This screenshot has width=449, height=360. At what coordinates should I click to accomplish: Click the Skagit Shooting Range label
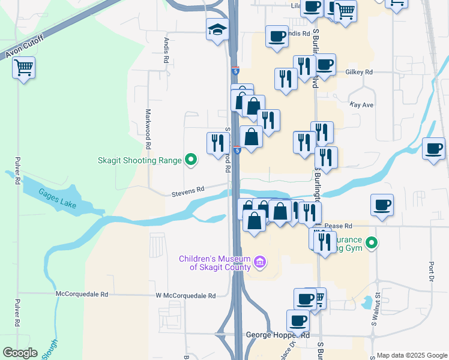[x=140, y=160]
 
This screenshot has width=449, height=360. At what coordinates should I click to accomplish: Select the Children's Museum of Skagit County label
[x=215, y=263]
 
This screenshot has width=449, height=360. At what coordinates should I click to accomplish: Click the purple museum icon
[x=260, y=262]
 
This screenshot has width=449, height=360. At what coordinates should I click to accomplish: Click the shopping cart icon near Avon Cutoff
[x=23, y=68]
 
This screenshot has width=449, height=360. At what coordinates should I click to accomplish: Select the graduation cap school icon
[x=217, y=29]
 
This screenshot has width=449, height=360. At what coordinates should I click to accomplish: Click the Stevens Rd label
[x=188, y=188]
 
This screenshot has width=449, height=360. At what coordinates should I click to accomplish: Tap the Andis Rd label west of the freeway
[x=167, y=52]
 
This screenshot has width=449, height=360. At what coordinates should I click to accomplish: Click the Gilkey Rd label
[x=359, y=72]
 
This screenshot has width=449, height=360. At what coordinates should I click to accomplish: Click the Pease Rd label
[x=339, y=226]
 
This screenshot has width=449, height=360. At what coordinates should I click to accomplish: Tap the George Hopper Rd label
[x=278, y=335]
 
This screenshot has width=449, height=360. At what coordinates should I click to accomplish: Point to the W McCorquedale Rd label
[x=185, y=296]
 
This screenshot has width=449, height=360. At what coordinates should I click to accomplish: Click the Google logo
[x=20, y=353]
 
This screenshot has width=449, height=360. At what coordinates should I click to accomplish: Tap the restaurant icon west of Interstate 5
[x=217, y=143]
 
